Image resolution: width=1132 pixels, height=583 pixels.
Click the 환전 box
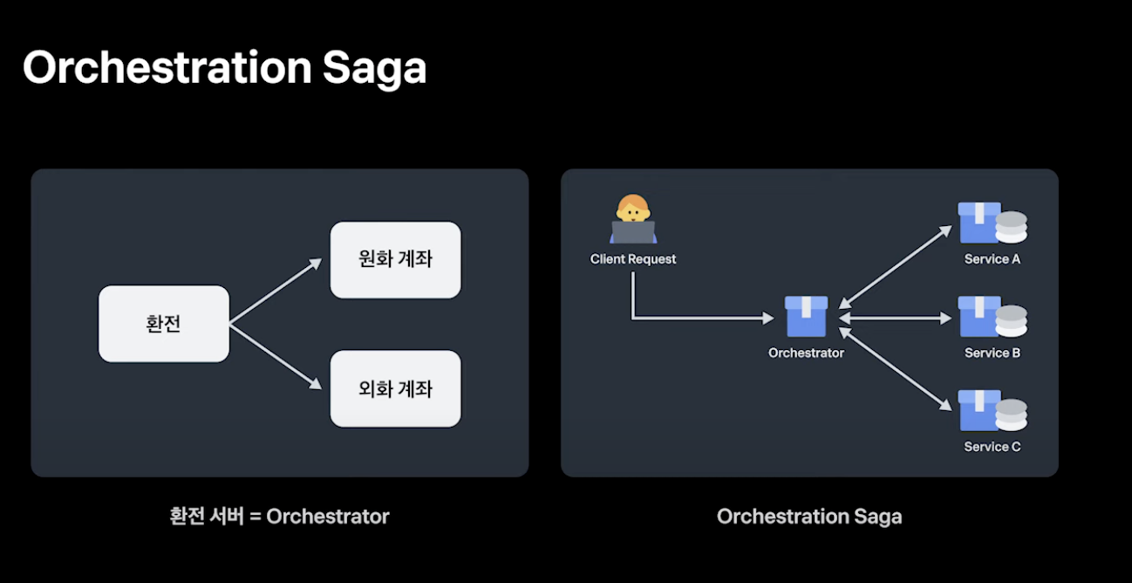164,324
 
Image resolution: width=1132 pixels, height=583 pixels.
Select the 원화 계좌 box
395,260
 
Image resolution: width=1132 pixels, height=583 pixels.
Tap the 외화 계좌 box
395,388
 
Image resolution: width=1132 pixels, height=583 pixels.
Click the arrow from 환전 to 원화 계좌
276,291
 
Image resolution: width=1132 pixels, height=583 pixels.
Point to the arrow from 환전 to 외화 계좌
276,356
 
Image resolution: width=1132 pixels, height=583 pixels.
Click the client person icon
632,219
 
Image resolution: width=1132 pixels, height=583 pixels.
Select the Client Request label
632,259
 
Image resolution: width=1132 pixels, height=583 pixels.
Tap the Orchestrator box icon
806,317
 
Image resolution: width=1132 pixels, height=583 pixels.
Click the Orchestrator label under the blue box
806,353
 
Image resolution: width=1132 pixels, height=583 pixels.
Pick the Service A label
992,259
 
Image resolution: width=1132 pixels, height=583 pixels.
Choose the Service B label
992,353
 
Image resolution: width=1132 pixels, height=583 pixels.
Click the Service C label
992,447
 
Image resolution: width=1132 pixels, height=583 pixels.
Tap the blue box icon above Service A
979,223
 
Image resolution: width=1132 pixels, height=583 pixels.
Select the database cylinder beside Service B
1012,321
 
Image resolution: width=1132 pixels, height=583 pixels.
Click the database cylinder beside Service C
1012,415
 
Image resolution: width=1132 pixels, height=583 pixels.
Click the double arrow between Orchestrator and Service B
895,318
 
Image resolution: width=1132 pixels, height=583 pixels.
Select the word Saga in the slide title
374,69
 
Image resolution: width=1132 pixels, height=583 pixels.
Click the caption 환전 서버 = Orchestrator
279,517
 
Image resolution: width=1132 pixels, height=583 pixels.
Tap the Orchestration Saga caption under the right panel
809,517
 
